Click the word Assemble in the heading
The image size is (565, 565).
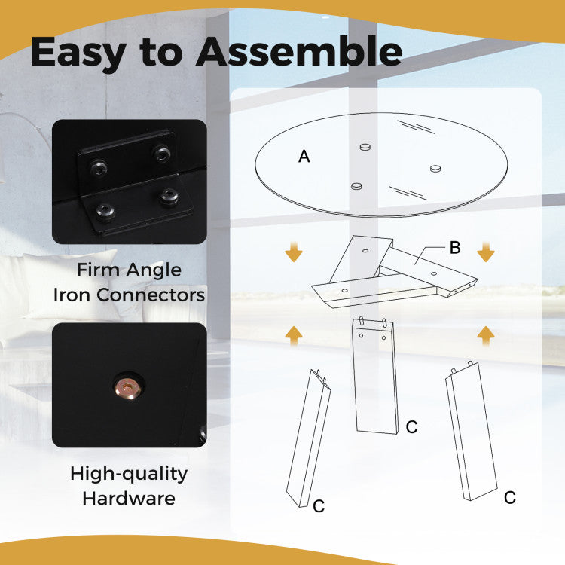[299, 52]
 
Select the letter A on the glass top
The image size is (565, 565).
[304, 157]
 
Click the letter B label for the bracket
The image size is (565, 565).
[455, 248]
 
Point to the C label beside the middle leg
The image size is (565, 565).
[411, 427]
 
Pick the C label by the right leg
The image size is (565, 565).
[510, 498]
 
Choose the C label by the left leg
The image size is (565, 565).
[319, 506]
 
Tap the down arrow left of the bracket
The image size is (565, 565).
[294, 252]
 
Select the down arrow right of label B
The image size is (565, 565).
[486, 252]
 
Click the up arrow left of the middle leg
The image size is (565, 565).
[294, 336]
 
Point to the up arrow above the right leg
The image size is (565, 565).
[486, 336]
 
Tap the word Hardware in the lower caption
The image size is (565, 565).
[129, 499]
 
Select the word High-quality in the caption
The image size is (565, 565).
[129, 474]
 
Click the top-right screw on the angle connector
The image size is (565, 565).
[161, 153]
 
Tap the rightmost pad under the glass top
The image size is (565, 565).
[435, 168]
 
